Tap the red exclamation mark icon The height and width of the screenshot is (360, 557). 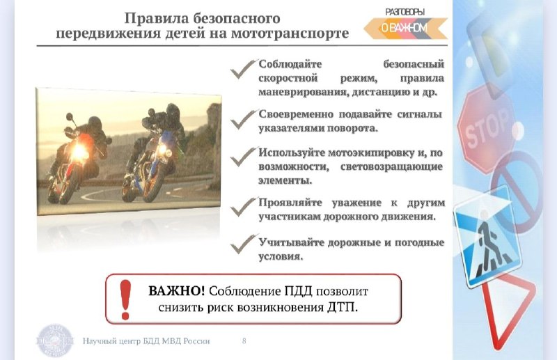125,299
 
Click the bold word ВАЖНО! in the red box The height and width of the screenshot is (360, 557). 177,290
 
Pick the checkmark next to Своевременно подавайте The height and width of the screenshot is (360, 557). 243,119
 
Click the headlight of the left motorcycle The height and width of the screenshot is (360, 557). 79,150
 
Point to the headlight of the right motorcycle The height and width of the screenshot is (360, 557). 164,150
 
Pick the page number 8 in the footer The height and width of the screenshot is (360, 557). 244,341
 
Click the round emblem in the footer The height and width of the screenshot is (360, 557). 55,341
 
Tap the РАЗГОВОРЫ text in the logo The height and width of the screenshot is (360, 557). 405,12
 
